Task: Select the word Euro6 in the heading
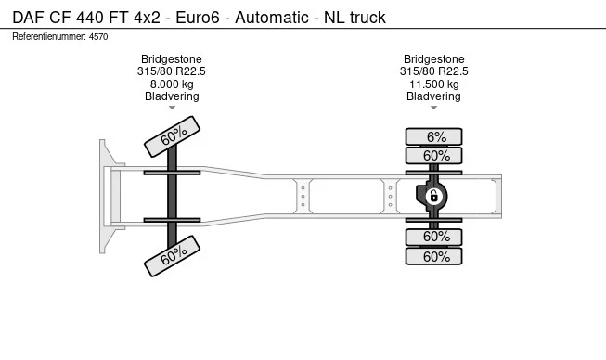coord(192,18)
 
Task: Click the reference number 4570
coord(99,37)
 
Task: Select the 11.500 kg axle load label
coord(433,84)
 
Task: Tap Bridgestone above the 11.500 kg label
coord(433,58)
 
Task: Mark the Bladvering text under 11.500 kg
coord(433,96)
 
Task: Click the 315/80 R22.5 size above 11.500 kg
coord(433,71)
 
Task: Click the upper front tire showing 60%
coord(173,135)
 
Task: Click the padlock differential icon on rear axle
coord(433,195)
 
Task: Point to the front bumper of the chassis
coord(107,196)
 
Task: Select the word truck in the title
coord(367,18)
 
